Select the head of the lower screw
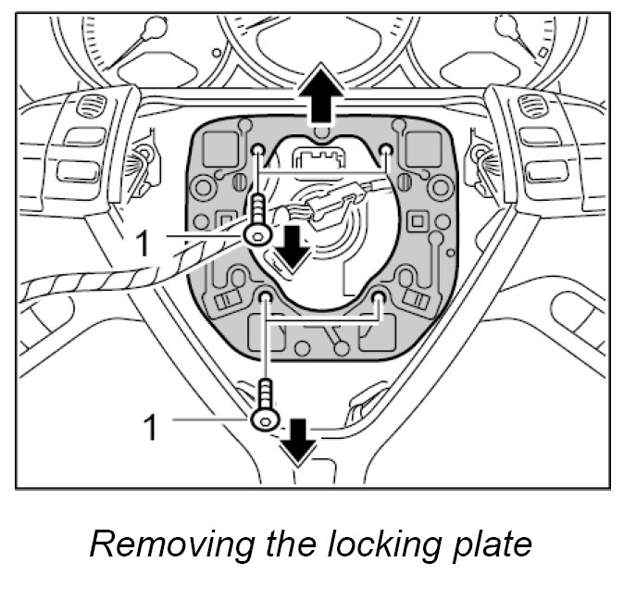[x=266, y=419]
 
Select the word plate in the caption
[x=491, y=544]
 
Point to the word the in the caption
[x=291, y=544]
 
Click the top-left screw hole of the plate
[x=256, y=150]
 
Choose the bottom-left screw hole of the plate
[x=265, y=296]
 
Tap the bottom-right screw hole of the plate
[x=380, y=296]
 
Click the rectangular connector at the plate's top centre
[x=319, y=156]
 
